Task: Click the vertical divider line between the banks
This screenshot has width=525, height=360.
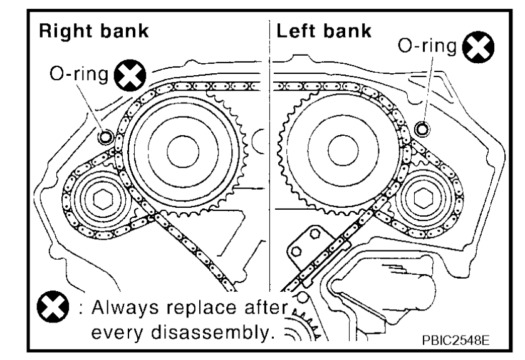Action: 269,157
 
